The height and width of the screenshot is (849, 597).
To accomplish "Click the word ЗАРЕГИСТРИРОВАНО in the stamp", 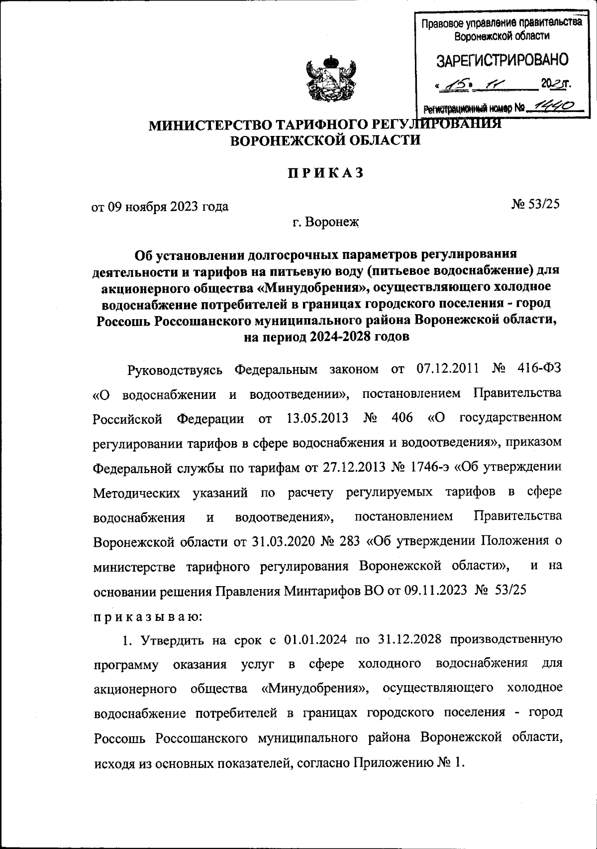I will coord(502,60).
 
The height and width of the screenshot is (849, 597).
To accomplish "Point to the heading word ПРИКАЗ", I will coord(325,173).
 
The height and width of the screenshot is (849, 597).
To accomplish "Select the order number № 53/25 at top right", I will coord(535,204).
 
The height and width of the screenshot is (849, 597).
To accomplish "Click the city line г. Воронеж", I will coord(325,222).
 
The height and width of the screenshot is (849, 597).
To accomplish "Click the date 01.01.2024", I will coord(314,639).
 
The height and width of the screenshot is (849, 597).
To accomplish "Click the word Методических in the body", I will coord(136,492).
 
